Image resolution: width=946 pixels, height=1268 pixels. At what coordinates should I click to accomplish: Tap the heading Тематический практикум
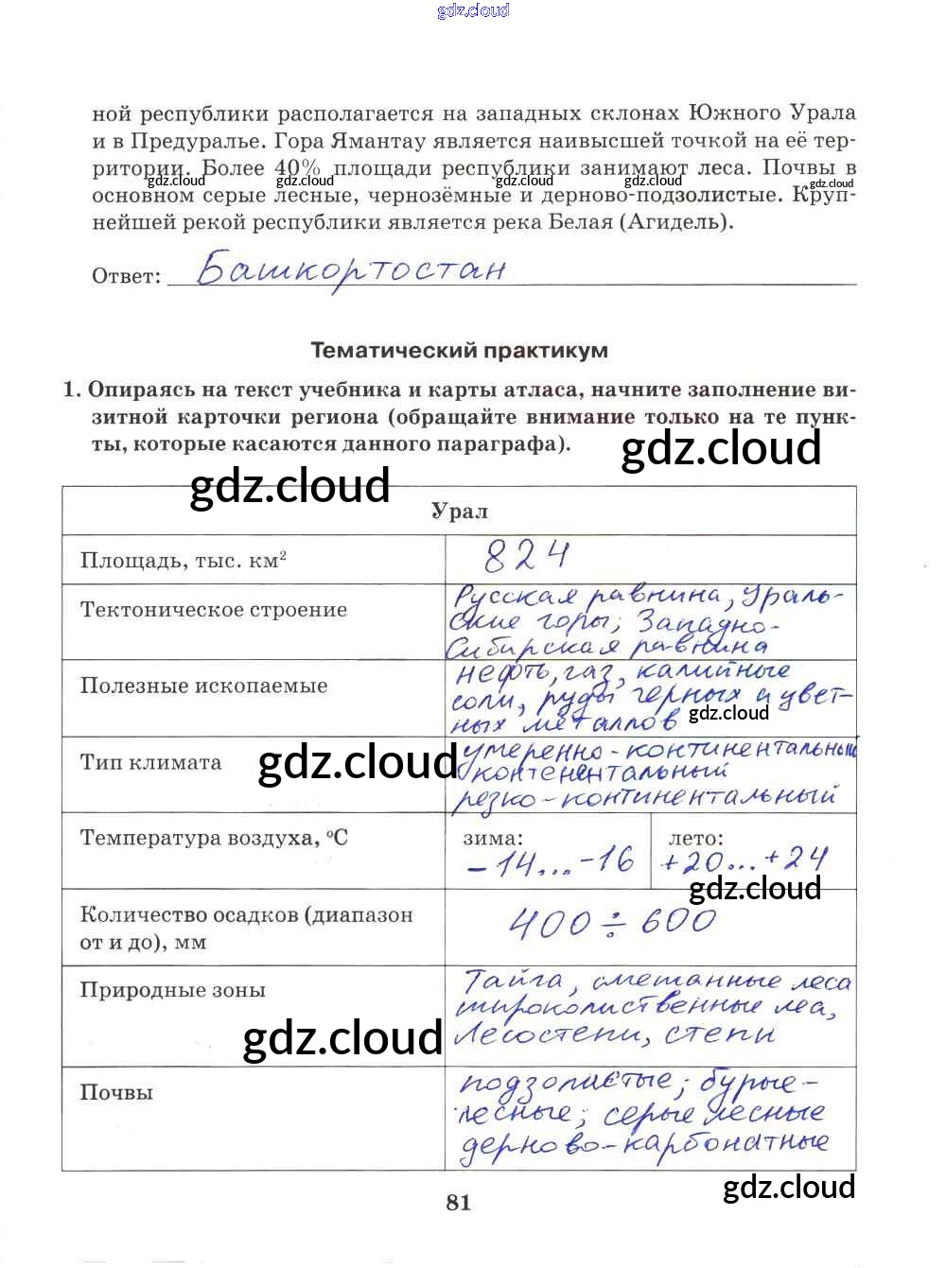(x=459, y=351)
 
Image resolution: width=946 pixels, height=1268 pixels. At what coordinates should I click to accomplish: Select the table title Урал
(x=460, y=512)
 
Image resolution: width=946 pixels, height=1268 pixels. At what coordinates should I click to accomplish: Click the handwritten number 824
(x=527, y=557)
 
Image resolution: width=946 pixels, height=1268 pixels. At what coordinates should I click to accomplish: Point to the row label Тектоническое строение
(x=214, y=610)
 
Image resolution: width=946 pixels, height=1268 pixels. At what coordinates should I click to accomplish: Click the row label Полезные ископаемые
(x=203, y=686)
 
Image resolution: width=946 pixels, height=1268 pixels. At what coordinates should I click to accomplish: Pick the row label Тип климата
(x=150, y=762)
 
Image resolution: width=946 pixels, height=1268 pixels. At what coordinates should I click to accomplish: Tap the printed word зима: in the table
(x=493, y=838)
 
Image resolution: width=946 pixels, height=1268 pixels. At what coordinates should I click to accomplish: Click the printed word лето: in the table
(x=695, y=838)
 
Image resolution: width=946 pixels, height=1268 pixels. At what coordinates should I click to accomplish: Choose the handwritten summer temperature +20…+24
(x=745, y=860)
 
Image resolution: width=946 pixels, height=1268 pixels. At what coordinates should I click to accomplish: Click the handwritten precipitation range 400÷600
(x=612, y=922)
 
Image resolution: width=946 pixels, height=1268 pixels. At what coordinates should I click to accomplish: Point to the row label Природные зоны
(x=172, y=990)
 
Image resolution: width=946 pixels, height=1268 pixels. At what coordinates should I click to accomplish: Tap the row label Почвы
(x=116, y=1092)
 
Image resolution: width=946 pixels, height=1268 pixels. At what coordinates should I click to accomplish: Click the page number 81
(x=459, y=1203)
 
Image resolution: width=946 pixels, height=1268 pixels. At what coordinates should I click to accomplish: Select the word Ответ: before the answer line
(x=127, y=276)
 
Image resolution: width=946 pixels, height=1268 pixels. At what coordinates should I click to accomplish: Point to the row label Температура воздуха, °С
(x=214, y=838)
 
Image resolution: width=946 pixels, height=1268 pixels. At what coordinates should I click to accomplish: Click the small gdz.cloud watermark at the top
(x=473, y=10)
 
